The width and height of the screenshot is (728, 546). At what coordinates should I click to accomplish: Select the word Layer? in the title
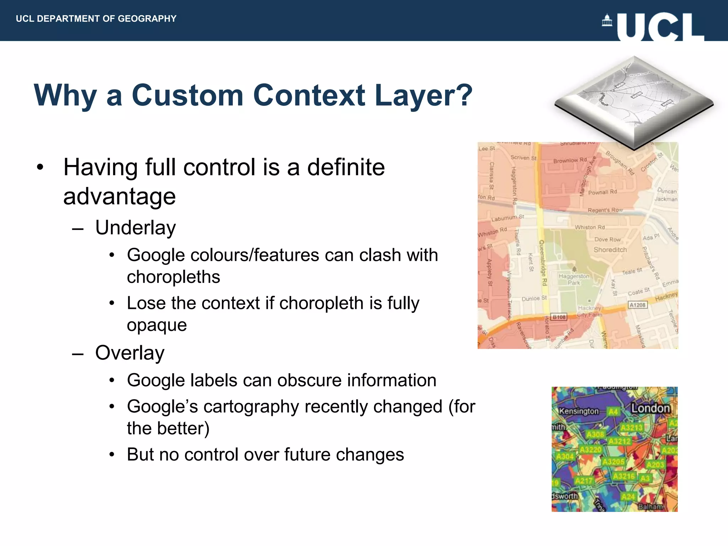[x=423, y=95]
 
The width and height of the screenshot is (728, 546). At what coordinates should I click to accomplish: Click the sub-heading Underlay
[x=135, y=227]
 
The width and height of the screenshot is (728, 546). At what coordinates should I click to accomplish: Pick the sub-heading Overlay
[x=130, y=353]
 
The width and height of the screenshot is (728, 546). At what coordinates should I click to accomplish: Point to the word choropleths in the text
[x=173, y=277]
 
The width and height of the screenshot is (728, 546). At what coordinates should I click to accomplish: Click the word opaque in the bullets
[x=157, y=325]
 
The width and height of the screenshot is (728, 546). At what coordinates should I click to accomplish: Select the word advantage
[x=119, y=196]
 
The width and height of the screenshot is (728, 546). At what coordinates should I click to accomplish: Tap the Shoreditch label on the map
[x=610, y=250]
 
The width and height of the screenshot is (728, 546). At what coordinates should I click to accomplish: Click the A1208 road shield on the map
[x=637, y=305]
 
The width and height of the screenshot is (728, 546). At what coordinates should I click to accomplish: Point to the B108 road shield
[x=559, y=317]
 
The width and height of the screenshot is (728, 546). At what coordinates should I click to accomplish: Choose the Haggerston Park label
[x=574, y=279]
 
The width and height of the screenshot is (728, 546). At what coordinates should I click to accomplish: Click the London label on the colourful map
[x=650, y=408]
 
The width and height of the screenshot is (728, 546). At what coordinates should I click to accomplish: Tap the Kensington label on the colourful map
[x=579, y=411]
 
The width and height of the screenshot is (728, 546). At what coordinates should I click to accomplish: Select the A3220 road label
[x=590, y=450]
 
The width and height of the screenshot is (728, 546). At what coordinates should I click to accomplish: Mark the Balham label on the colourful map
[x=651, y=507]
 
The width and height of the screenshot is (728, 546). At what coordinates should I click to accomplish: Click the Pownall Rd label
[x=602, y=192]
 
